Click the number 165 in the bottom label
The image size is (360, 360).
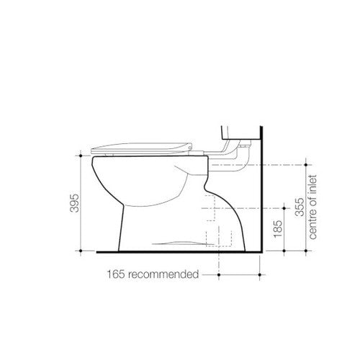coord(117,274)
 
